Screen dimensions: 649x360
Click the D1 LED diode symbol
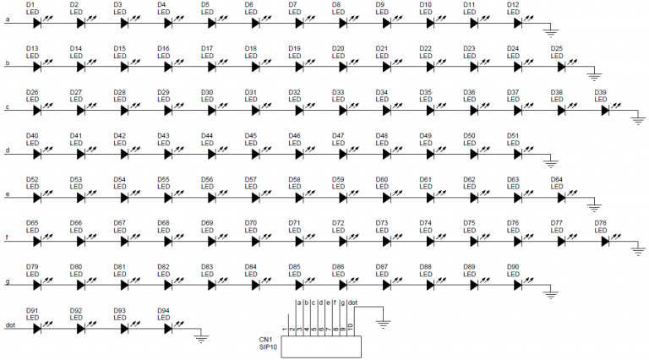tap(37, 23)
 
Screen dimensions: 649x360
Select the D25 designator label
tap(557, 48)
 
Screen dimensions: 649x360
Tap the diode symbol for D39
tap(605, 111)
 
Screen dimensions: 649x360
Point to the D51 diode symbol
tap(518, 155)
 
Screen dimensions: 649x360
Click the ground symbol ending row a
tap(550, 31)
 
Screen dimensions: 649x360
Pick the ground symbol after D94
tap(201, 337)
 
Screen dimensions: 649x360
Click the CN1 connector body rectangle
tap(321, 346)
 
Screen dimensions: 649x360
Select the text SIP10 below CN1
tap(268, 346)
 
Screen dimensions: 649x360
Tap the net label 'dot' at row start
tap(10, 325)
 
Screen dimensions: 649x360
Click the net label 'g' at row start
tap(8, 282)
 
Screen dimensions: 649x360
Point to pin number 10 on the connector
tap(350, 327)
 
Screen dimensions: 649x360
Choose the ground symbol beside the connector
tap(384, 323)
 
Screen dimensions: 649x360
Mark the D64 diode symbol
tap(561, 199)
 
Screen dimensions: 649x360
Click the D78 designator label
tap(601, 223)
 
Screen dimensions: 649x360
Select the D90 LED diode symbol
tap(518, 285)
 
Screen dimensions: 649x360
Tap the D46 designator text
tap(295, 136)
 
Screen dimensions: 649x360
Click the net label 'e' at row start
tap(8, 194)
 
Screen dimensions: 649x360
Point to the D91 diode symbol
tap(37, 329)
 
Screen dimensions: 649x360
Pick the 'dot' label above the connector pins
tap(352, 303)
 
